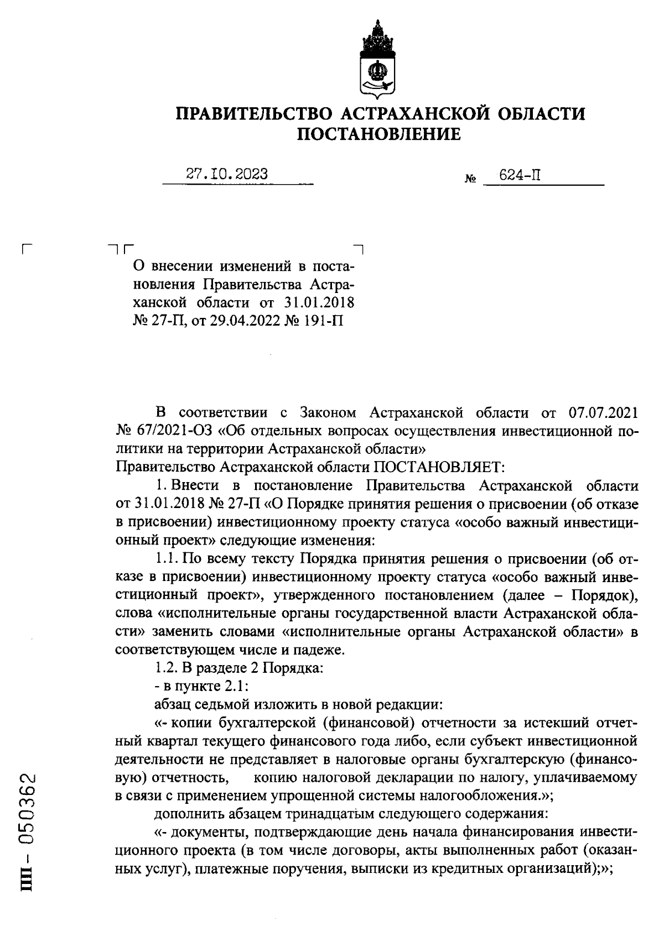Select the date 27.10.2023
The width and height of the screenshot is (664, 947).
(x=227, y=174)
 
